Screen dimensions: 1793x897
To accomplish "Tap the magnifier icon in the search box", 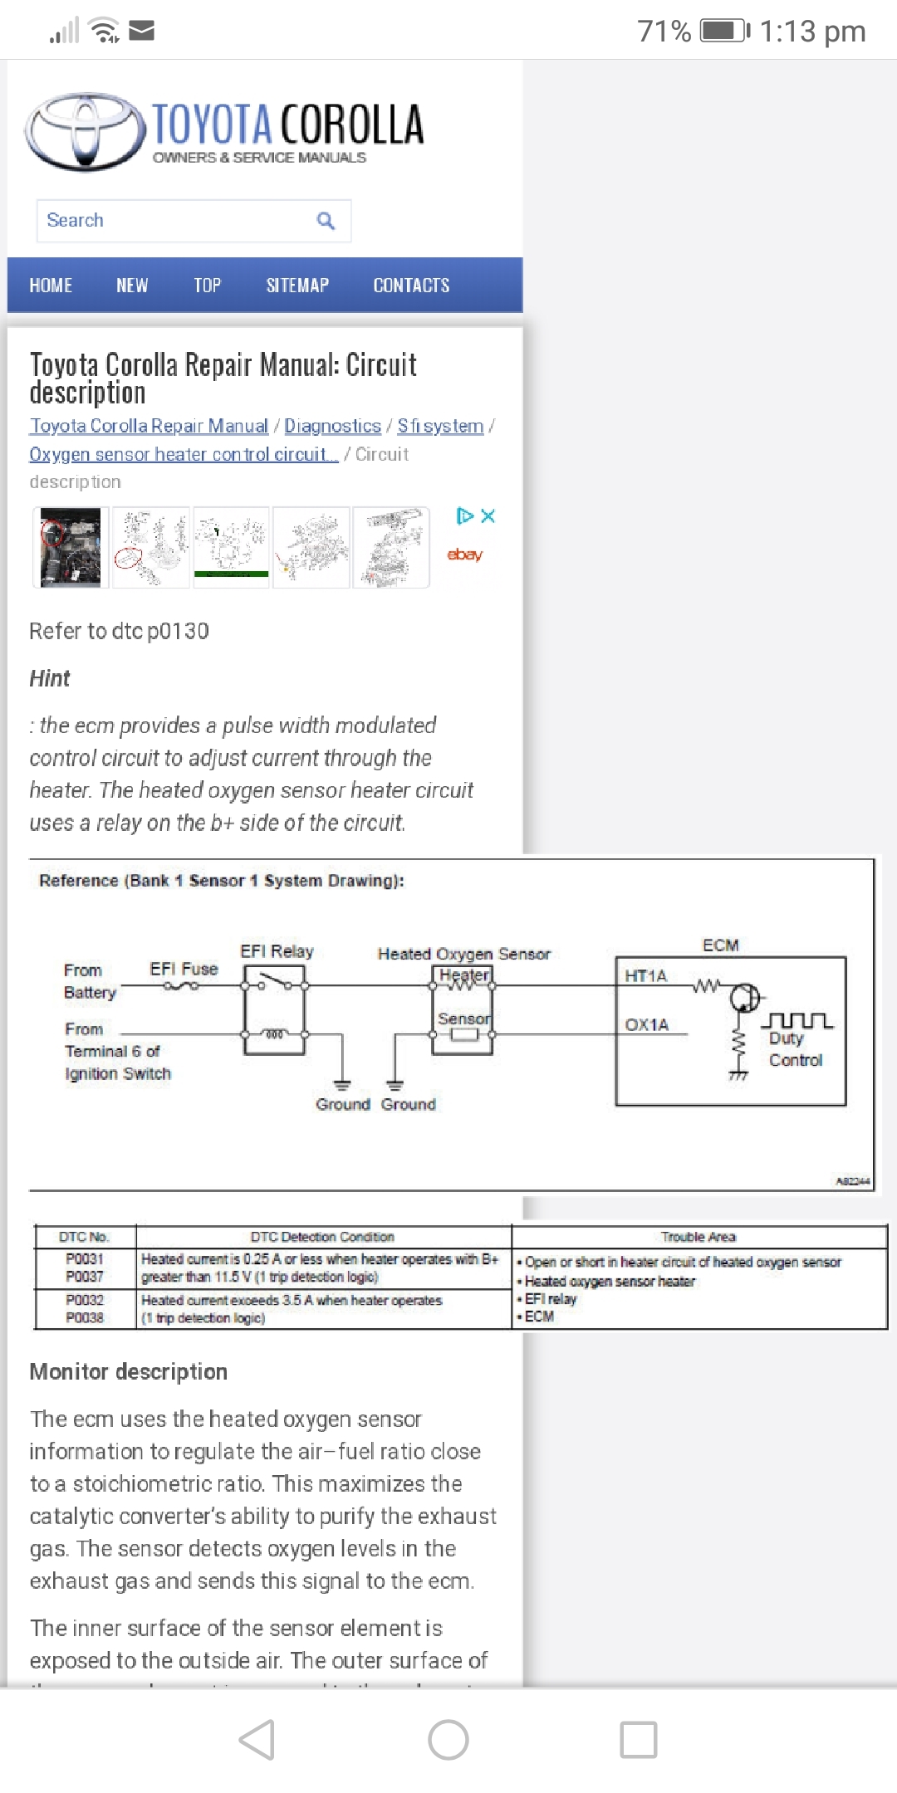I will pos(326,221).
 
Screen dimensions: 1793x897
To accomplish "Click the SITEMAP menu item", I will pos(297,286).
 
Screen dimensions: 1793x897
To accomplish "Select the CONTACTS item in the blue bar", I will pos(411,286).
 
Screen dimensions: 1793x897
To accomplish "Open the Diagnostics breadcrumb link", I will pos(332,426).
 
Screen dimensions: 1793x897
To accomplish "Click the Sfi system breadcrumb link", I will pos(440,426).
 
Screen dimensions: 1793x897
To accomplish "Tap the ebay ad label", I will pos(464,555).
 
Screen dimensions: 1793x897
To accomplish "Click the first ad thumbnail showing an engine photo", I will pos(71,548).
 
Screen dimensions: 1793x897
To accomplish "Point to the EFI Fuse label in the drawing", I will pos(184,969).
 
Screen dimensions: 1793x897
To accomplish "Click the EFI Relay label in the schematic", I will pos(277,951).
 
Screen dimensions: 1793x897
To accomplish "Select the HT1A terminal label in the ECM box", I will pos(645,976).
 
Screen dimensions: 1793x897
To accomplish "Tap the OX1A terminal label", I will pos(646,1025).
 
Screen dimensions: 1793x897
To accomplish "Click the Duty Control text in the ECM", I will pos(794,1049).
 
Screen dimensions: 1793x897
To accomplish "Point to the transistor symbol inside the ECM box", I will pos(744,997).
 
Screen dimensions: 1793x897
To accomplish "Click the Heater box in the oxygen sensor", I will pos(463,976).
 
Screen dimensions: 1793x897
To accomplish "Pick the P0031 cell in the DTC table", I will pos(85,1259).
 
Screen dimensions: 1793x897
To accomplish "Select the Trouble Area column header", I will pos(698,1237).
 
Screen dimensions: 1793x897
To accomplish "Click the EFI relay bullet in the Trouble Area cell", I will pos(550,1299).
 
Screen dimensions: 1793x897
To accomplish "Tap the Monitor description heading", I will pos(129,1372).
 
